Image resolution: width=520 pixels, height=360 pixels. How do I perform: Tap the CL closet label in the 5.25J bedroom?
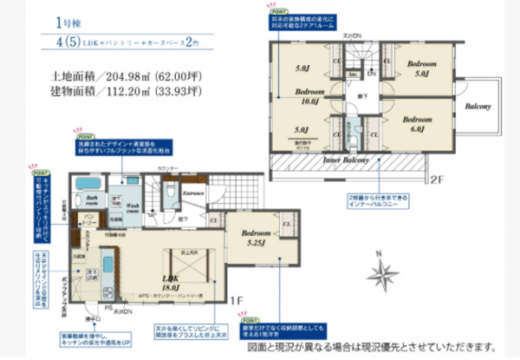[286, 224]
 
